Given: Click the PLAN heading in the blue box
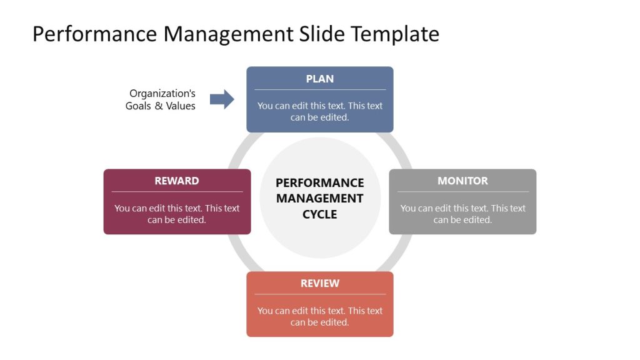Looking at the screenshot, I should pos(319,79).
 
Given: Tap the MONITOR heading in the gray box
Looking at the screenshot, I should pos(462,181).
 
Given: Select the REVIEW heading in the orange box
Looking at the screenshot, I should pos(319,283).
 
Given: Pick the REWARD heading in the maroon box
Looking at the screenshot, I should pos(177,181).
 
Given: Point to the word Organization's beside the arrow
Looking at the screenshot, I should pos(162,94).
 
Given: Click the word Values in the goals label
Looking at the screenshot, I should pos(180,106).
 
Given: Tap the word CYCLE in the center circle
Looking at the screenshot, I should pos(319,214).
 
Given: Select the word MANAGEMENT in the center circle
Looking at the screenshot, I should pos(319,199).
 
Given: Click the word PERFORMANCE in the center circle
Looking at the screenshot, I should pos(319,183).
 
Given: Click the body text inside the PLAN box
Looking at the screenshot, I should pos(319,111).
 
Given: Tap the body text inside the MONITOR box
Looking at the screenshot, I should pos(462,214).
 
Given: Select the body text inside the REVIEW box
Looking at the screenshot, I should pos(319,316).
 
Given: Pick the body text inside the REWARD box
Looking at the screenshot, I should pos(177,214).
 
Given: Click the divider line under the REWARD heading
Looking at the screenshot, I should pos(177,192).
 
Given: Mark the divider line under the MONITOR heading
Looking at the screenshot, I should pos(462,192).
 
